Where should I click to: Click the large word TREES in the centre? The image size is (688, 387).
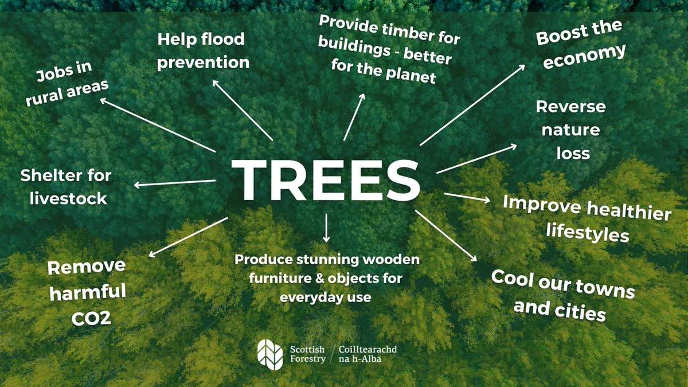[x=325, y=178]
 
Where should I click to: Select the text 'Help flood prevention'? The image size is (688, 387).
[x=202, y=51]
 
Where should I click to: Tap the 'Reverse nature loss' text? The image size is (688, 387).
[x=570, y=130]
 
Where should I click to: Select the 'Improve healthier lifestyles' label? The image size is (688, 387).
[x=587, y=218]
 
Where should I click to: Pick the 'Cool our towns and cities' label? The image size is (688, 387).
[x=562, y=295]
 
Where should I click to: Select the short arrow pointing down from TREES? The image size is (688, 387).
[x=326, y=228]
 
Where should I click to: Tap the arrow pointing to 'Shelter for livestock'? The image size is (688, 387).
[x=175, y=183]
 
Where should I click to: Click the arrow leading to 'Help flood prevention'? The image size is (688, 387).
[x=243, y=110]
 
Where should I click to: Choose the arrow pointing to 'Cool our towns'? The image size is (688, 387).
[x=446, y=236]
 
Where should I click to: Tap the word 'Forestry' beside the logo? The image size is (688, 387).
[x=308, y=358]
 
